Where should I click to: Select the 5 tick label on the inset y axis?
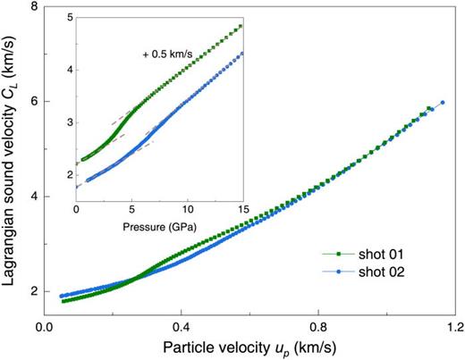64,17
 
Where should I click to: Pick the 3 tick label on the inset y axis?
64,121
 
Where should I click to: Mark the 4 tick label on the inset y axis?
64,70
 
